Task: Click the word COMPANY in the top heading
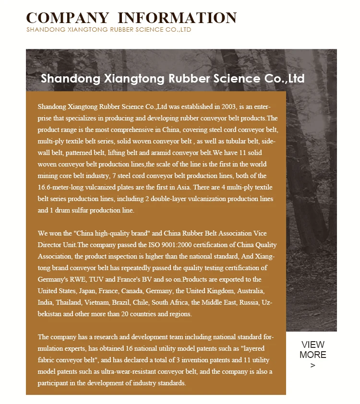(67, 18)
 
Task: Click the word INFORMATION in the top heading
(177, 18)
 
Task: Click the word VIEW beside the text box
(313, 345)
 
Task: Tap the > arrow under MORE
(313, 366)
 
